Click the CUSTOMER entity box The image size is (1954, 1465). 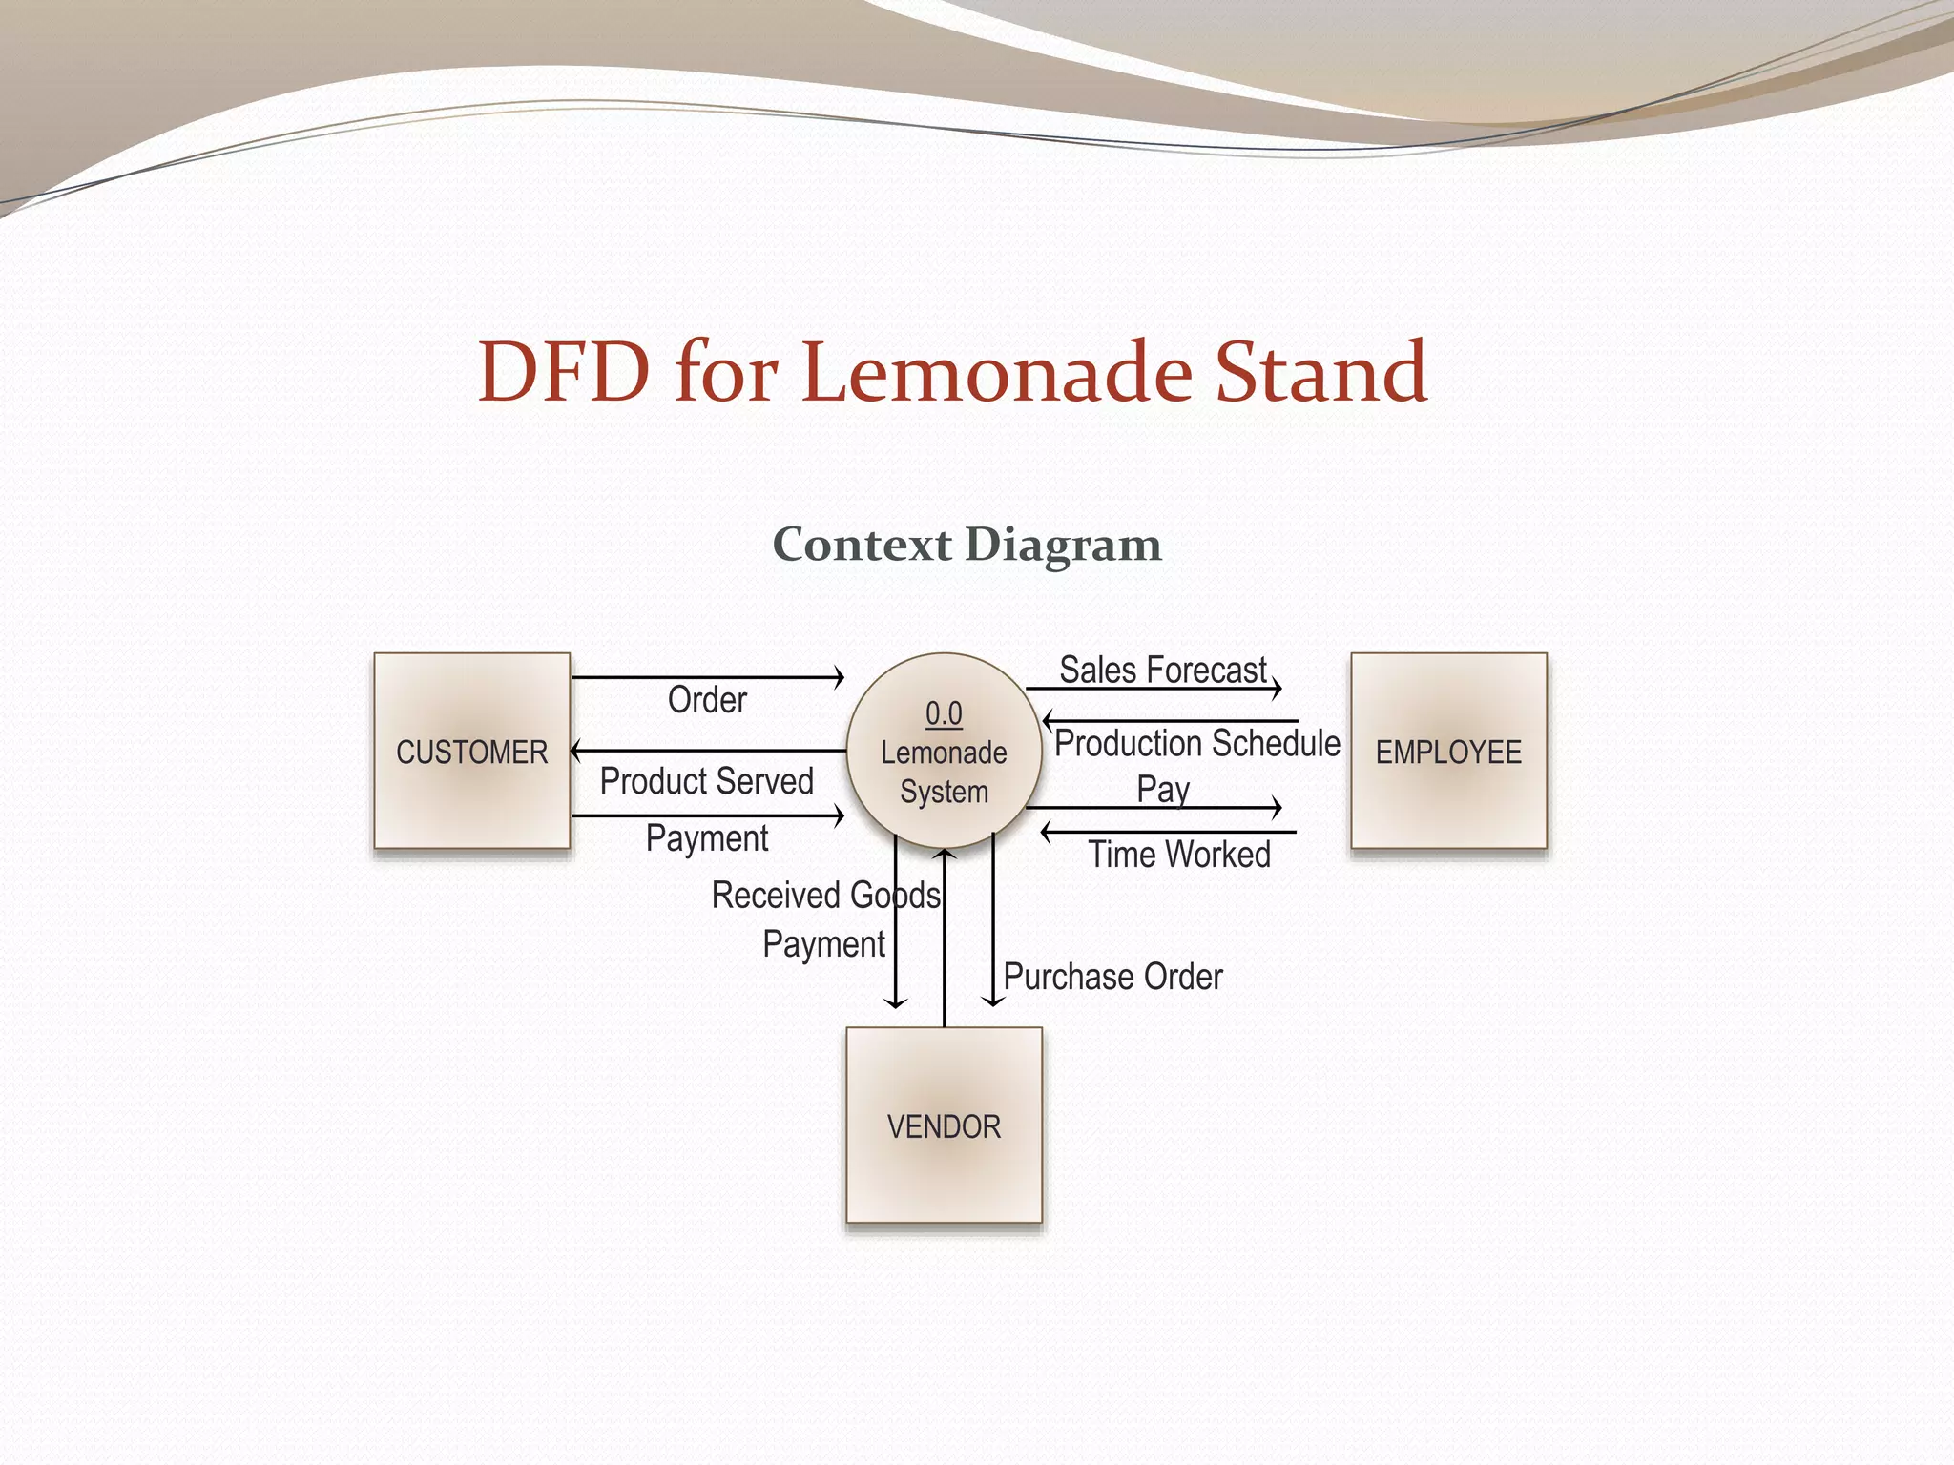tap(471, 751)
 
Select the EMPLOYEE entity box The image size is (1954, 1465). tap(1448, 751)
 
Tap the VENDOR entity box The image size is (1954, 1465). tap(944, 1125)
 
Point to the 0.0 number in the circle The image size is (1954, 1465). tap(944, 713)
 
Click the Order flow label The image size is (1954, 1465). tap(707, 700)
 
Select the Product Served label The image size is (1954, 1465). tap(706, 781)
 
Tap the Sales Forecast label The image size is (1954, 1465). tap(1163, 670)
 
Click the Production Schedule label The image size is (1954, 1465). tap(1196, 743)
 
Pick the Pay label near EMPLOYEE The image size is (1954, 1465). tap(1163, 790)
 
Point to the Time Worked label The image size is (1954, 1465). tap(1179, 855)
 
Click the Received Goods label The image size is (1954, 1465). tap(826, 896)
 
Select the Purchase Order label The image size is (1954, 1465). tap(1112, 977)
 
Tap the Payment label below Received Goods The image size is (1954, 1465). tap(824, 944)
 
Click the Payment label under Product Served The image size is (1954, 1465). tap(707, 838)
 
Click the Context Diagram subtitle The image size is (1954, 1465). tap(967, 545)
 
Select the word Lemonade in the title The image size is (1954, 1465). tap(997, 372)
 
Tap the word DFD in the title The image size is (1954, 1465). tap(563, 372)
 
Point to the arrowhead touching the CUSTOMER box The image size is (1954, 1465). tap(575, 751)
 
